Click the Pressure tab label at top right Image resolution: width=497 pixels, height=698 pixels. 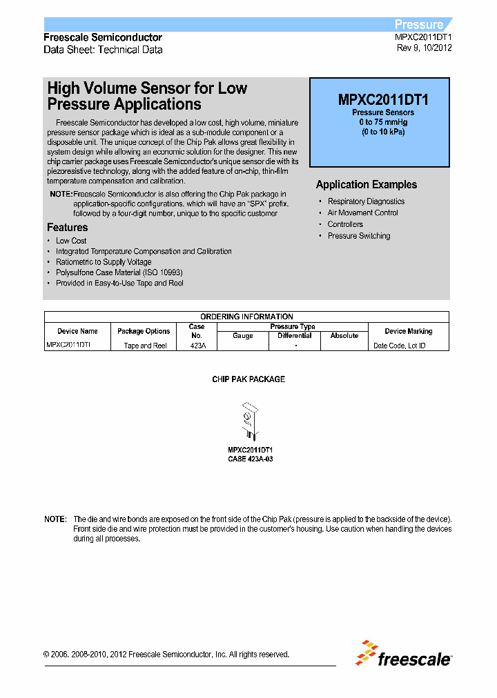[x=419, y=24]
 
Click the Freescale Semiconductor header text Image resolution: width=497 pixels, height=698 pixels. [x=103, y=37]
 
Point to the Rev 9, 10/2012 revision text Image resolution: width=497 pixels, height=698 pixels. [x=425, y=48]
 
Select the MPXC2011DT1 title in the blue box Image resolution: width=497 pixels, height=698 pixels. [x=383, y=99]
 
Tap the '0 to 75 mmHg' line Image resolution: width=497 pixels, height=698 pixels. [x=383, y=122]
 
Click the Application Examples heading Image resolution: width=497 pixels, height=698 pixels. [x=366, y=185]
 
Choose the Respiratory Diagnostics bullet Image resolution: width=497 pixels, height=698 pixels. [x=366, y=201]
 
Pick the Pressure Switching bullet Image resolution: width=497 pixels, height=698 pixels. [x=358, y=236]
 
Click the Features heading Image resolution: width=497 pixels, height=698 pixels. [x=67, y=228]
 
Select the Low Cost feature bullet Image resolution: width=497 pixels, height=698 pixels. [x=71, y=241]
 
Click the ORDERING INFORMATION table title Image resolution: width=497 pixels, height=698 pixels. [x=246, y=317]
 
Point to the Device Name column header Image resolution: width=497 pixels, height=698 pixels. [x=77, y=331]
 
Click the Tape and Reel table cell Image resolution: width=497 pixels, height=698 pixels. [x=145, y=346]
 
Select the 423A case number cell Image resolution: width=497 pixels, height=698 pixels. [x=197, y=346]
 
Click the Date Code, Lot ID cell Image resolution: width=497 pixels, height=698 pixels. [x=399, y=346]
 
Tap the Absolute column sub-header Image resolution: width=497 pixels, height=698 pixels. [x=344, y=336]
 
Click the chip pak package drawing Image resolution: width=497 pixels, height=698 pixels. [x=249, y=423]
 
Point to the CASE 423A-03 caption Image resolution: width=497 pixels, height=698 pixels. [x=250, y=459]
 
